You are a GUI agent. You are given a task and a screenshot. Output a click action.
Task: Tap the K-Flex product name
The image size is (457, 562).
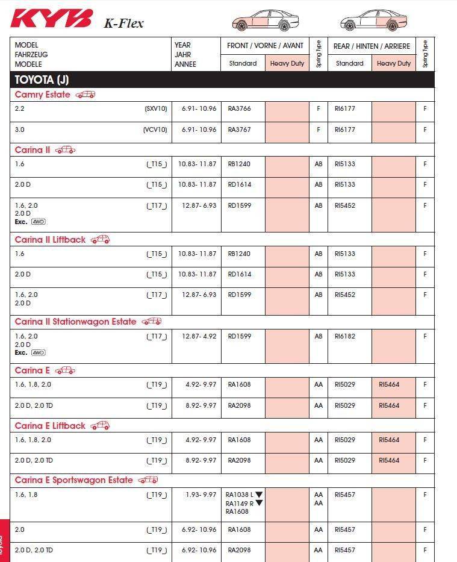click(x=123, y=23)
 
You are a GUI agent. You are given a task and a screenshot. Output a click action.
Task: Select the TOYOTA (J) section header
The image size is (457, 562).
click(x=42, y=80)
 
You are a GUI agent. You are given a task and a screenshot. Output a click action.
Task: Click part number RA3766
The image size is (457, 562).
click(x=240, y=109)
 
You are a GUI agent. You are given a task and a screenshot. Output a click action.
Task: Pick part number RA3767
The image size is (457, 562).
click(x=240, y=130)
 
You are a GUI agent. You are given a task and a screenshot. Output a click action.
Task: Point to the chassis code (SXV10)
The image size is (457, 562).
click(x=155, y=109)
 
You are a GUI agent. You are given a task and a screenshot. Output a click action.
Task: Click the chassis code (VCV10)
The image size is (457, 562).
click(x=155, y=130)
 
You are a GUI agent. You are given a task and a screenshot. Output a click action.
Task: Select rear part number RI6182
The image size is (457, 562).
click(x=346, y=336)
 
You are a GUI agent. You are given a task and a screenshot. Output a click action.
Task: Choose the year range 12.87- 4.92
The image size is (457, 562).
click(x=199, y=336)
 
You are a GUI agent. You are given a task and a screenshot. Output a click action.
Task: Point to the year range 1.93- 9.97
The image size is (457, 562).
click(x=201, y=495)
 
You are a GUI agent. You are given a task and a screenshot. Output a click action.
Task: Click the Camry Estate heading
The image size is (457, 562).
click(x=42, y=95)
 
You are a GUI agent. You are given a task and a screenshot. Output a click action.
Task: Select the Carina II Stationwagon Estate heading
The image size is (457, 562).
click(x=75, y=322)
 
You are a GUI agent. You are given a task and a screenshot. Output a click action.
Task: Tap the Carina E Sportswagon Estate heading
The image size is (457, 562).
click(x=73, y=480)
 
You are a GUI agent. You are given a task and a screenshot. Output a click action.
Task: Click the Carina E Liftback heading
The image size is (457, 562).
click(x=50, y=426)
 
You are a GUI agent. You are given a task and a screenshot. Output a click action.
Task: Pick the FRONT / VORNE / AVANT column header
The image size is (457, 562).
click(x=265, y=46)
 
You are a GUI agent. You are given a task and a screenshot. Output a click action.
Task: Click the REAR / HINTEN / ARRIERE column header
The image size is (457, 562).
click(x=372, y=46)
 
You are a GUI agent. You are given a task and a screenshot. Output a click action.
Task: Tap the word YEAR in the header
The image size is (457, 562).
click(x=182, y=45)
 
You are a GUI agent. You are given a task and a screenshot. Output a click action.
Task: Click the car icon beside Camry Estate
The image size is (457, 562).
click(x=85, y=95)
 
